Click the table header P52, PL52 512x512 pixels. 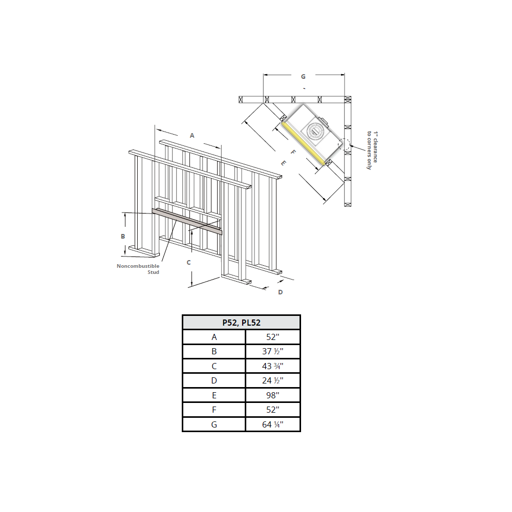[x=241, y=322]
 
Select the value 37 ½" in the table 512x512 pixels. [x=273, y=351]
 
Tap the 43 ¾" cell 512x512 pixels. [x=273, y=366]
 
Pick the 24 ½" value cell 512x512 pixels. [x=273, y=380]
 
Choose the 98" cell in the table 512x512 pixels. [x=273, y=395]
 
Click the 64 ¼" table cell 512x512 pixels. [x=273, y=424]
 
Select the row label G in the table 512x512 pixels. [x=214, y=424]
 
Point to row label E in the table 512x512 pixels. [x=214, y=395]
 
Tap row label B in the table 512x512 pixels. [x=214, y=351]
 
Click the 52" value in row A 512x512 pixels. [x=273, y=337]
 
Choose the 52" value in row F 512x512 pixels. [x=273, y=410]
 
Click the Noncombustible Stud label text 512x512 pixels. [x=138, y=269]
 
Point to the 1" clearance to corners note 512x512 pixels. [x=372, y=150]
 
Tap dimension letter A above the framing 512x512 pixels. [x=192, y=136]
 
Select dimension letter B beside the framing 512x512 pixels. [x=123, y=236]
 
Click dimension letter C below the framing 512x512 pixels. [x=188, y=262]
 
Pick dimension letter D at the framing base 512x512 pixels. [x=280, y=292]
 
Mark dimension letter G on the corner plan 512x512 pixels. [x=303, y=76]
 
